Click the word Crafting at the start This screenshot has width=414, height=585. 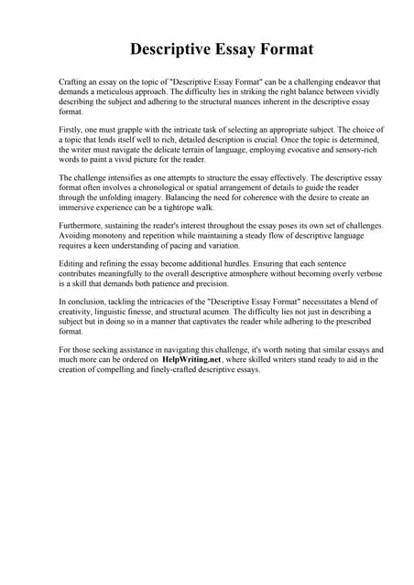[73, 82]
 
